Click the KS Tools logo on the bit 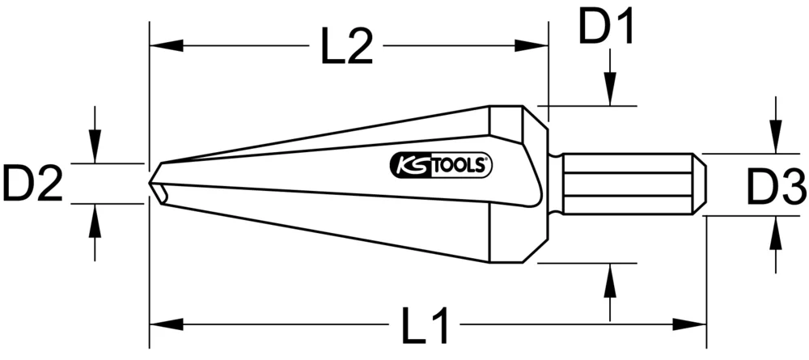[441, 165]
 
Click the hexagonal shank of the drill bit [627, 184]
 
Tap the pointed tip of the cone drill [151, 183]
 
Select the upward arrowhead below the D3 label [776, 231]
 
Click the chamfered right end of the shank [701, 184]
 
